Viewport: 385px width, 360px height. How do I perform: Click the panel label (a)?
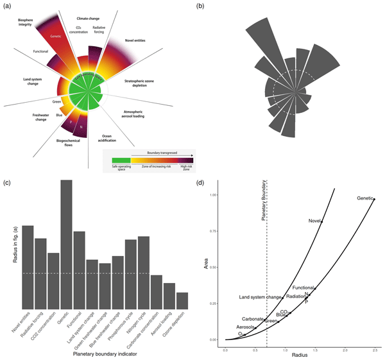(x=7, y=6)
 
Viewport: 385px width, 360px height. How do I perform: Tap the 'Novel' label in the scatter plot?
(x=314, y=221)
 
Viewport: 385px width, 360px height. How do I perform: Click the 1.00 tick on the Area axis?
(x=214, y=195)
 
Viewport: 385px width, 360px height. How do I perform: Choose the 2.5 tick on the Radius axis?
(x=375, y=350)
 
